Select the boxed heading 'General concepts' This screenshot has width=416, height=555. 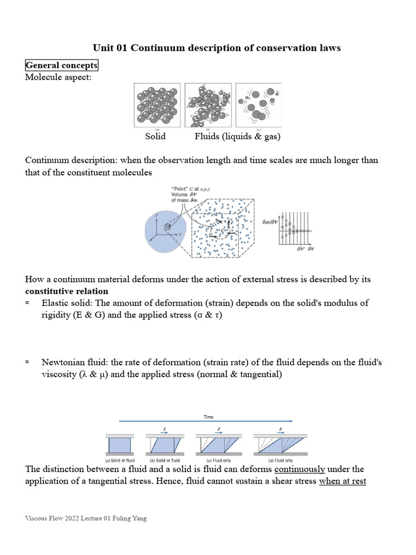point(62,66)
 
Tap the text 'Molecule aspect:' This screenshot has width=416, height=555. point(58,77)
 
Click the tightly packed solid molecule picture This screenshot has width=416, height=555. point(158,105)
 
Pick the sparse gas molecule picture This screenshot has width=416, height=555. point(258,105)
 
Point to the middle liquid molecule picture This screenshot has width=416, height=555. point(208,105)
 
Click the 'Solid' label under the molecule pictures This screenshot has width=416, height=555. point(155,137)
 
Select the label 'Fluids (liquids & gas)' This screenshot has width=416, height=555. point(237,137)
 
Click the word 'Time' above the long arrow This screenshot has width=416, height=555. point(209,417)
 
